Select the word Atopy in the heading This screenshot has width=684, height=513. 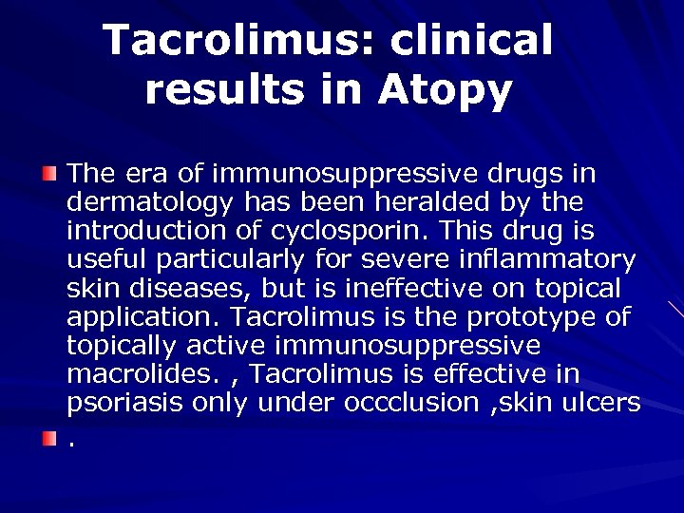pos(446,89)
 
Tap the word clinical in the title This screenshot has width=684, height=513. pos(471,40)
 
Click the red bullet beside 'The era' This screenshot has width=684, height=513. pos(49,173)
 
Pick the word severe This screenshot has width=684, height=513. pos(430,259)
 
